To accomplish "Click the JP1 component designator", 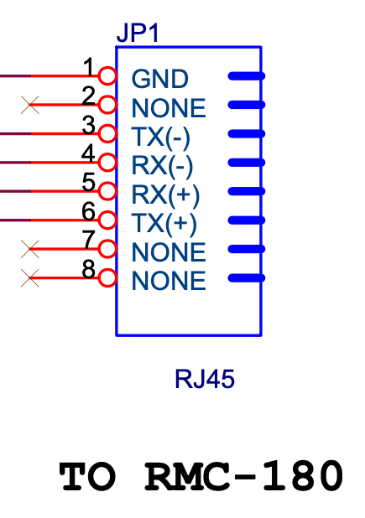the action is coord(138,33).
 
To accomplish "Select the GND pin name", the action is coord(160,79).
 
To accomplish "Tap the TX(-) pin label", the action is coord(161,137).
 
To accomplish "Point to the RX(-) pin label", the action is coord(162,166).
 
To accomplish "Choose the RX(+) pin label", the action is coord(165,194).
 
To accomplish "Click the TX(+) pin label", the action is coord(164,224).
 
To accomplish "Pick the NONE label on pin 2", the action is coord(169,108).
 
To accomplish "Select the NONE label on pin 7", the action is coord(169,252).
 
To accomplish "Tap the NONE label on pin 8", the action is coord(169,281).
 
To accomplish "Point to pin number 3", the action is coord(89,126).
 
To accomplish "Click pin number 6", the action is coord(89,212).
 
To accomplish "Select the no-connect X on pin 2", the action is coord(29,105).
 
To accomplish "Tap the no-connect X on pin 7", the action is coord(29,249).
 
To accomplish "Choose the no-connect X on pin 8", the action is coord(29,277).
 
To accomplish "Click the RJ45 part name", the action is coord(205,379).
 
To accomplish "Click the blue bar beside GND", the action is coord(247,76).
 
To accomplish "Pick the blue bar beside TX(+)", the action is coord(247,220).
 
